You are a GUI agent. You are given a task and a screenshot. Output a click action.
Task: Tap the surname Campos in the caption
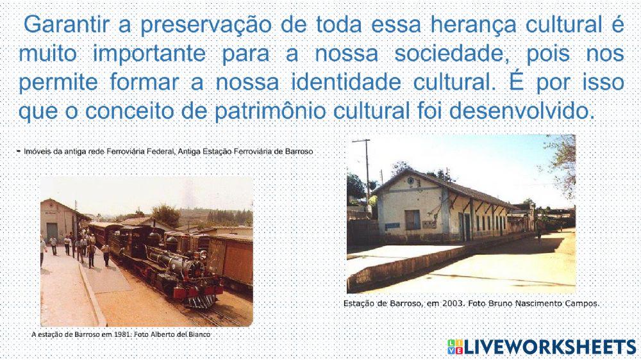coord(582,303)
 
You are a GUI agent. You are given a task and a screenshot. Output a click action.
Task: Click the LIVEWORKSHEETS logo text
coord(549,347)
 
